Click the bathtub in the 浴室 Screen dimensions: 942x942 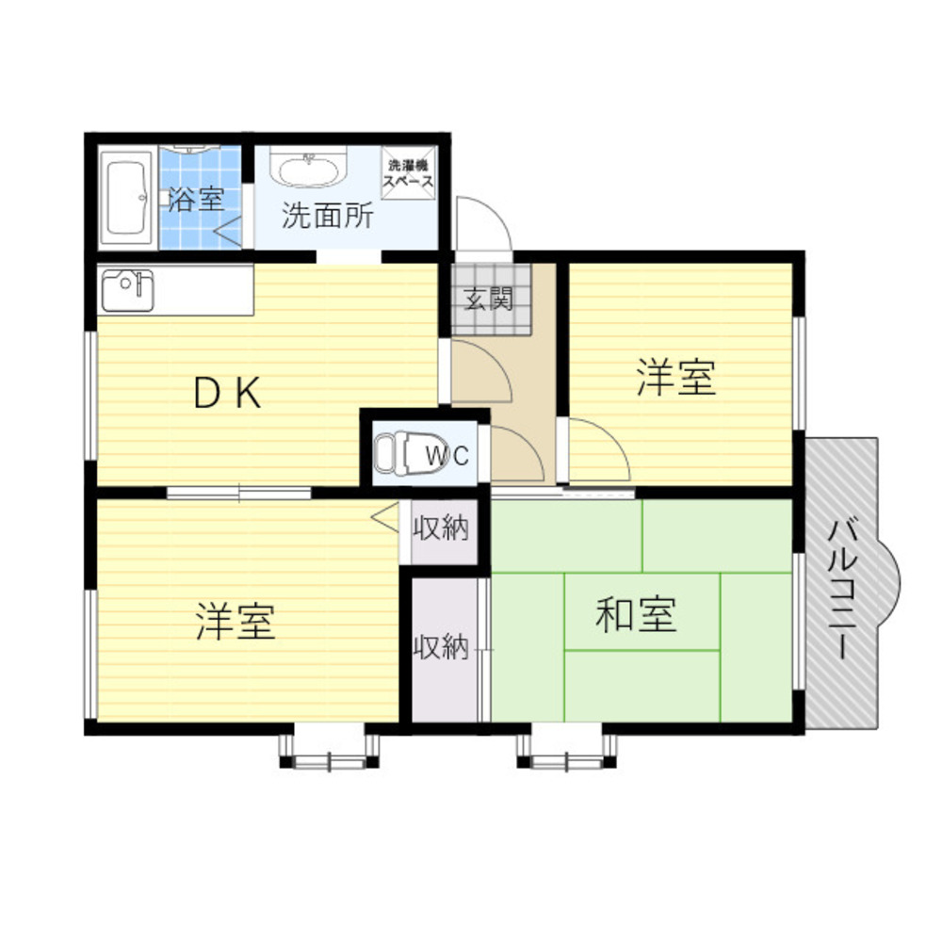(x=126, y=198)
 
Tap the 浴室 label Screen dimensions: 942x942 (x=196, y=198)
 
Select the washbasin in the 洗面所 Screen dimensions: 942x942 (x=308, y=165)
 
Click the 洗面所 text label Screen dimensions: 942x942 (x=328, y=215)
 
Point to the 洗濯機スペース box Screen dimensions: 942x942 (x=409, y=173)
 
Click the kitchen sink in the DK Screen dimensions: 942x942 (x=127, y=291)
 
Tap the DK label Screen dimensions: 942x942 (x=227, y=392)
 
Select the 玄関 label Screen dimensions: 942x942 (x=489, y=298)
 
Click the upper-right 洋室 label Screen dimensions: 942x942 (x=676, y=377)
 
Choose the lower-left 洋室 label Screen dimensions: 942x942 (x=236, y=621)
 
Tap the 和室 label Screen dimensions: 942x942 (x=636, y=613)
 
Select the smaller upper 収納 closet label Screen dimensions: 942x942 (x=440, y=528)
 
